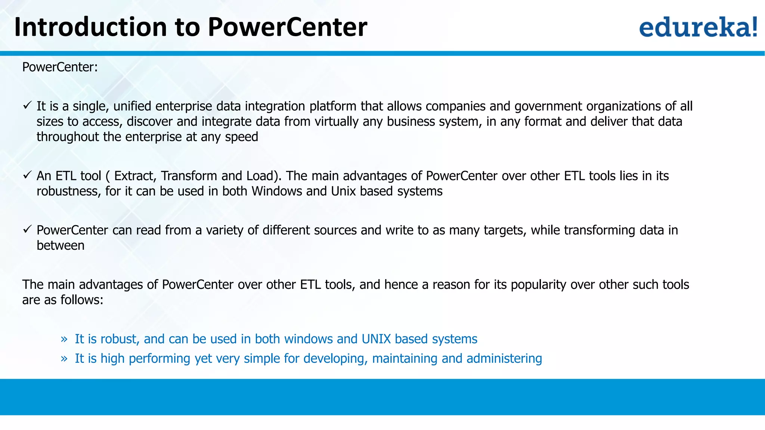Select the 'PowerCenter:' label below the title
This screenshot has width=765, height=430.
click(x=60, y=67)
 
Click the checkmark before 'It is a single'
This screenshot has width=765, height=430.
click(x=27, y=106)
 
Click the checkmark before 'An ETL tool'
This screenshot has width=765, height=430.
click(x=27, y=175)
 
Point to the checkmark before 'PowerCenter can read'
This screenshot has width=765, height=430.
click(x=27, y=229)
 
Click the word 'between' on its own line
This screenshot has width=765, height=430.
click(x=61, y=246)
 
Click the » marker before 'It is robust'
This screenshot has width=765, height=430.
click(x=64, y=339)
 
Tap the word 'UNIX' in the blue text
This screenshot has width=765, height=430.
click(x=376, y=339)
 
